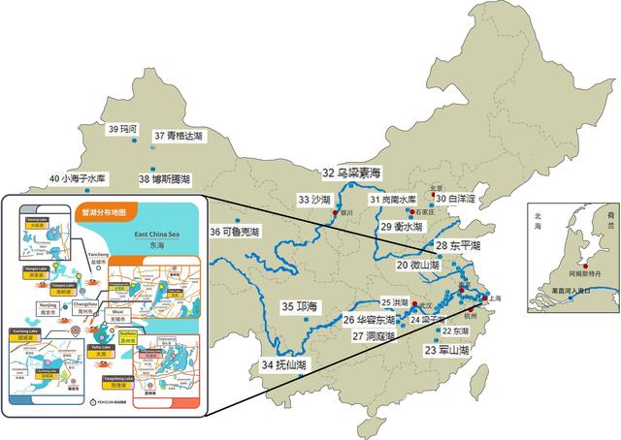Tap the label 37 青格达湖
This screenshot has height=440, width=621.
click(x=179, y=136)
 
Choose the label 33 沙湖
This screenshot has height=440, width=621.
click(x=314, y=199)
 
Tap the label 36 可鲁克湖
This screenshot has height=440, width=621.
click(x=235, y=232)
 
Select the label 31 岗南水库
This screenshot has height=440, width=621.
click(x=393, y=199)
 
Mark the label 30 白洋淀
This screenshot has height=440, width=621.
click(x=455, y=199)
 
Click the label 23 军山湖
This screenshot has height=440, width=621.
click(x=446, y=350)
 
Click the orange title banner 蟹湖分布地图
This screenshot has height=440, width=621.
click(x=106, y=208)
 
